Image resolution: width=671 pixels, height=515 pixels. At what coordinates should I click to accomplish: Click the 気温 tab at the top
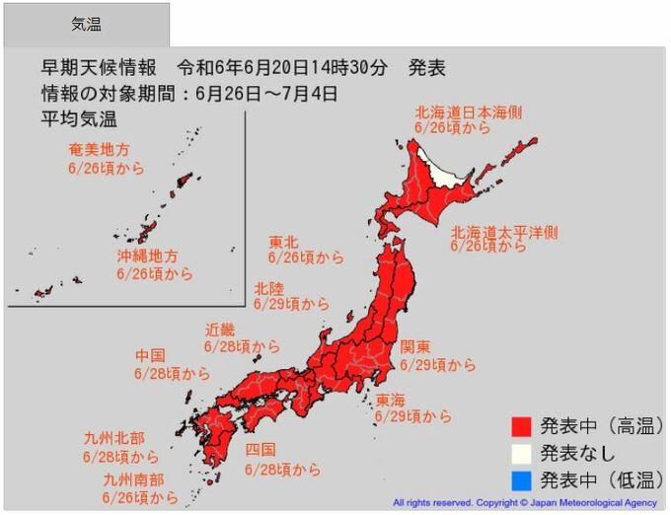86,25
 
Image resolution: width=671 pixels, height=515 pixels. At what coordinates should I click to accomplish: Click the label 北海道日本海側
469,111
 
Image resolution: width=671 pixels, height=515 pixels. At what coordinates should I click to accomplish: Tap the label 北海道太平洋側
504,233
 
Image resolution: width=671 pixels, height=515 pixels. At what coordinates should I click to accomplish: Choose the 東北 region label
283,241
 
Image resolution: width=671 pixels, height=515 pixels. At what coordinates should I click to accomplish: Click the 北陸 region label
268,288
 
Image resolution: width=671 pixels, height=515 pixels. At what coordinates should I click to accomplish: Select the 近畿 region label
220,330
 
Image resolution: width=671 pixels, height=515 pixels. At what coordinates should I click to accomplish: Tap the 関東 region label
414,347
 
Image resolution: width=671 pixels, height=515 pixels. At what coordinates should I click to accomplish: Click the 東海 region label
390,400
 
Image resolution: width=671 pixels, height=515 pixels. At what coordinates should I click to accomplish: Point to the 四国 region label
260,452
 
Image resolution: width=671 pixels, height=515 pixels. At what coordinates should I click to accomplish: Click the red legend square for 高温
522,427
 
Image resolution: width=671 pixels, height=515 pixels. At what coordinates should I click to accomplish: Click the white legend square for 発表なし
522,453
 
